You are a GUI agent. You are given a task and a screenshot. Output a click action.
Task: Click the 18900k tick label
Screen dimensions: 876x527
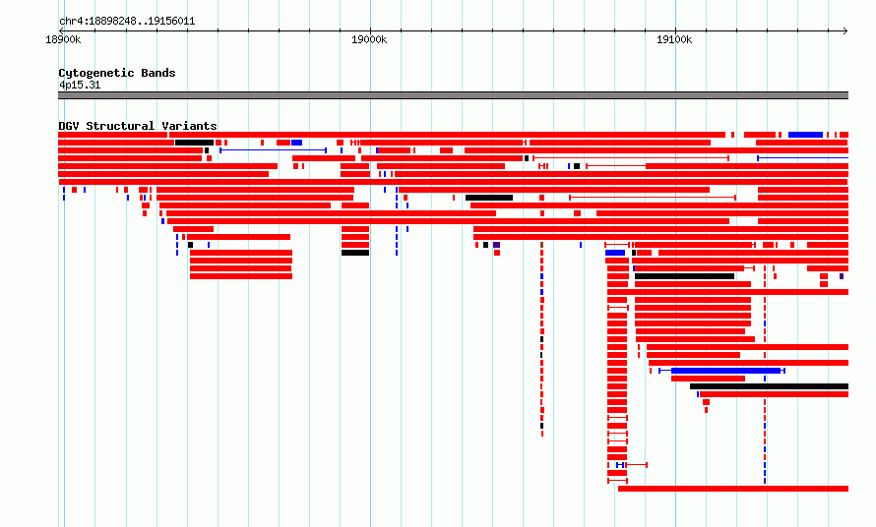tap(63, 39)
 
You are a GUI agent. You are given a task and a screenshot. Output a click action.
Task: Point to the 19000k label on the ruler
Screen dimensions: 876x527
tap(369, 39)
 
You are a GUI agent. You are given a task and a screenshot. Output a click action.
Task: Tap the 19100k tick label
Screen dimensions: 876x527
tap(674, 39)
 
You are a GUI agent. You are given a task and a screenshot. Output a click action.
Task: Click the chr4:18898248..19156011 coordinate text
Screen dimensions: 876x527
tap(127, 22)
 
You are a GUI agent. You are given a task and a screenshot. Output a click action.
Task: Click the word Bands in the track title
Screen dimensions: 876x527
tap(158, 73)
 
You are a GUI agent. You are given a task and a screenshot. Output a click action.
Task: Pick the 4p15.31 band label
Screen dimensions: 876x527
tap(80, 85)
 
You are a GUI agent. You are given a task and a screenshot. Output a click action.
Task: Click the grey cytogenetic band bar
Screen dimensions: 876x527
tap(453, 95)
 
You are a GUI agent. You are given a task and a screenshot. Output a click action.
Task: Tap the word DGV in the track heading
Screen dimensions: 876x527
tap(69, 126)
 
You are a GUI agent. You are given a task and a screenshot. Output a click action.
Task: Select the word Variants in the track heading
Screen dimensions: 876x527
tap(189, 126)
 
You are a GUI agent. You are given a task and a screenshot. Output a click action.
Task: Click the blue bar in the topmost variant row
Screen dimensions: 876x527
tap(805, 135)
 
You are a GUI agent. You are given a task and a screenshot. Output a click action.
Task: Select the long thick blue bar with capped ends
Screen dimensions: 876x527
tap(725, 371)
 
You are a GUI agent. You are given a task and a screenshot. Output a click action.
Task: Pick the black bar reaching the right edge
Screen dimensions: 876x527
tap(770, 386)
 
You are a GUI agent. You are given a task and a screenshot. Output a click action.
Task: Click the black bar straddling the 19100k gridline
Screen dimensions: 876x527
tap(684, 276)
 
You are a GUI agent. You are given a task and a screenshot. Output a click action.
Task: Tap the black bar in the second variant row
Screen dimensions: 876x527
tap(195, 143)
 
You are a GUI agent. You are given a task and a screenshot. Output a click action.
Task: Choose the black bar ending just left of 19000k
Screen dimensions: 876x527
tap(355, 253)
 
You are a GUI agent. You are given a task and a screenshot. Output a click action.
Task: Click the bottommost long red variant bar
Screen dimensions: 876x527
tap(733, 489)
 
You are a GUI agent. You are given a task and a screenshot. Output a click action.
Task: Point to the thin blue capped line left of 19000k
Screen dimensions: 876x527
tap(274, 150)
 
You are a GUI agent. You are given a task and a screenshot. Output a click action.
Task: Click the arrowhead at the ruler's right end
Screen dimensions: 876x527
tap(845, 31)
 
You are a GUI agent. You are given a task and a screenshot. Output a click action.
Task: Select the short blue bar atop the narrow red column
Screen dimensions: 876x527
tap(615, 253)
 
